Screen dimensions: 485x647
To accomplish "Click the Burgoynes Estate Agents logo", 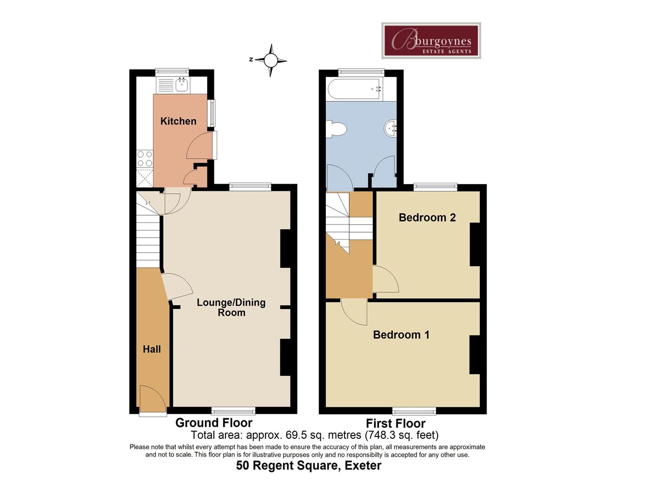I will pyautogui.click(x=431, y=40).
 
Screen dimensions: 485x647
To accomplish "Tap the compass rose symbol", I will pyautogui.click(x=270, y=60).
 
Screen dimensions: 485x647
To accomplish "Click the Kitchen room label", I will pyautogui.click(x=178, y=121).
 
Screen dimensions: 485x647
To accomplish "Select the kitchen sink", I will pyautogui.click(x=182, y=84).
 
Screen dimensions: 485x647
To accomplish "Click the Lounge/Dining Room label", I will pyautogui.click(x=231, y=308).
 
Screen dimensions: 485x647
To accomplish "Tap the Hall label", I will pyautogui.click(x=152, y=349).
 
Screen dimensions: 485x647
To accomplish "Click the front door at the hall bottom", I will pyautogui.click(x=152, y=399).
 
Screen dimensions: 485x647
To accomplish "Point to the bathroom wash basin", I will pyautogui.click(x=391, y=128).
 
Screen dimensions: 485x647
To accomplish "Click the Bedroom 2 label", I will pyautogui.click(x=427, y=218).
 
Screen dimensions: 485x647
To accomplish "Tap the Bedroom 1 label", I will pyautogui.click(x=401, y=335).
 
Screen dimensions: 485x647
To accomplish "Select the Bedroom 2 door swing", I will pyautogui.click(x=385, y=279).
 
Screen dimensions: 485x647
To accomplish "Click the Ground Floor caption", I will pyautogui.click(x=214, y=423).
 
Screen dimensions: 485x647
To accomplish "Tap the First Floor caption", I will pyautogui.click(x=395, y=423).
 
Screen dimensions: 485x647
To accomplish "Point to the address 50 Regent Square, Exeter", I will pyautogui.click(x=309, y=466).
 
